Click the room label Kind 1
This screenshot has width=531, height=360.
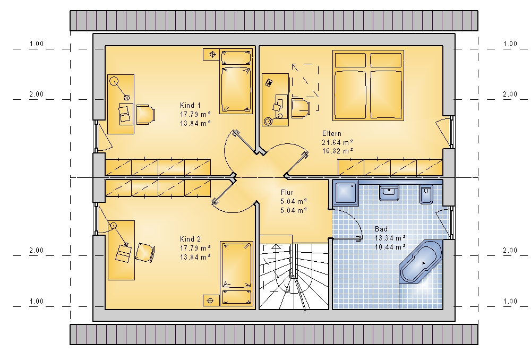coord(190,105)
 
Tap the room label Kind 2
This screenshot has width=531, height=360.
coord(190,239)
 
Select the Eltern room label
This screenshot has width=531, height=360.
coord(331,133)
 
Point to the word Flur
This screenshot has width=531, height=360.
coord(287,192)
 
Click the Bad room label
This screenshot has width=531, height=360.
coord(381,229)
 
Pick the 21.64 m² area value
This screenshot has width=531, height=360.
coord(338,142)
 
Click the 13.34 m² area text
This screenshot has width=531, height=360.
coord(390,238)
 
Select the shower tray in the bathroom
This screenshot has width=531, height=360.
coord(346,192)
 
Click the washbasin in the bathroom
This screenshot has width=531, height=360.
coord(389,193)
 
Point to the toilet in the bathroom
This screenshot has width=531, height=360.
coord(426,194)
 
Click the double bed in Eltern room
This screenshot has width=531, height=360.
coord(368,85)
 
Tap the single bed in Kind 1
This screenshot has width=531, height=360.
coord(236,81)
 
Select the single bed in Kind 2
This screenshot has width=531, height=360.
coord(237,273)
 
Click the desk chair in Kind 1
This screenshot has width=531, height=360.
coord(146,114)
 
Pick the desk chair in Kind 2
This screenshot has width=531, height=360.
coord(145,252)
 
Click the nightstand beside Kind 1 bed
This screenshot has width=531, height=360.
coord(212,54)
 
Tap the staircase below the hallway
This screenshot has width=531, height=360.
coord(294,277)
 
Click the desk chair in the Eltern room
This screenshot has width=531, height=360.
coord(301,108)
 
